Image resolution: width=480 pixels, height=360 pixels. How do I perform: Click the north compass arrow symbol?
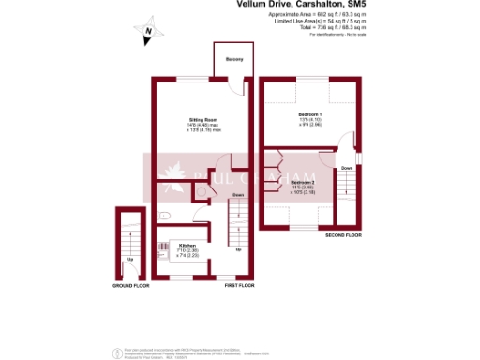(x=147, y=35)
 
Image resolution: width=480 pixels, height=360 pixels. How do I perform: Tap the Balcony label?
(x=233, y=60)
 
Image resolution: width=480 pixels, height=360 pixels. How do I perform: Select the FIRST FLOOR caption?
(x=240, y=284)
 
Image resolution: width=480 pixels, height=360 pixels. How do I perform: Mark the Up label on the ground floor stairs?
(x=129, y=258)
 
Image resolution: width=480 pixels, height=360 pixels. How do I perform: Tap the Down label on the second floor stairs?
(x=346, y=168)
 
